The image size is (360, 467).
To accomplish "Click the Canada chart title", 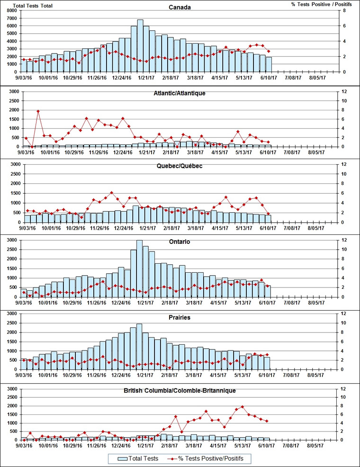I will pyautogui.click(x=180, y=7).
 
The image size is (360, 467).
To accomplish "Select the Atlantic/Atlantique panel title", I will pyautogui.click(x=180, y=93).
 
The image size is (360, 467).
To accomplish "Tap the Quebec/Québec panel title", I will pyautogui.click(x=180, y=166).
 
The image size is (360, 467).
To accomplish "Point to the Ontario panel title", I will pyautogui.click(x=180, y=242).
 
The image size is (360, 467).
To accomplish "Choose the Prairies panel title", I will pyautogui.click(x=180, y=317).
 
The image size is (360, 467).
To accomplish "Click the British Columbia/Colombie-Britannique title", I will pyautogui.click(x=180, y=391).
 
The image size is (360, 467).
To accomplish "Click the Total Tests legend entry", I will pyautogui.click(x=137, y=458).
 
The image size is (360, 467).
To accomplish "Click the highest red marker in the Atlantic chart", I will pyautogui.click(x=38, y=111).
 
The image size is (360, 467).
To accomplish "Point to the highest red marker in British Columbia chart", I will pyautogui.click(x=243, y=406).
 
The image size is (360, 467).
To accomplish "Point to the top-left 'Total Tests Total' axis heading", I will pyautogui.click(x=33, y=6).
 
